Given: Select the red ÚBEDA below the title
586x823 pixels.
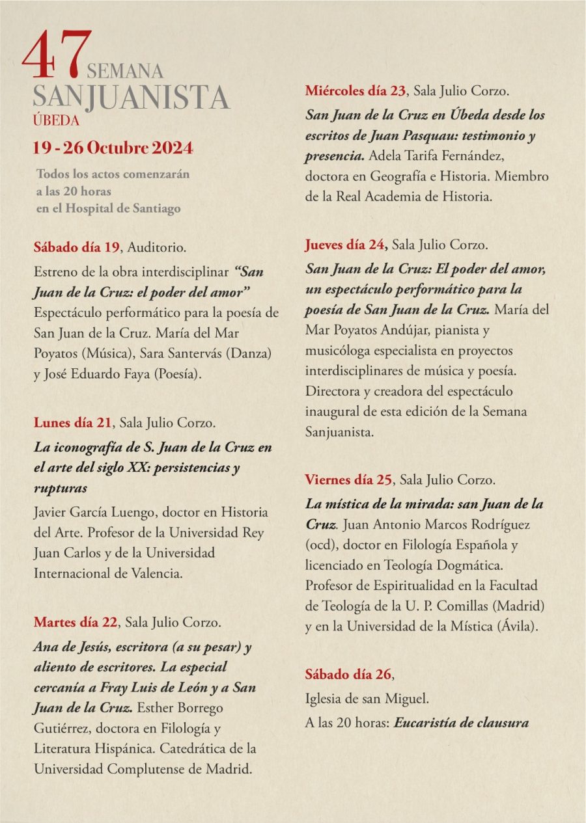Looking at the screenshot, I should (56, 120).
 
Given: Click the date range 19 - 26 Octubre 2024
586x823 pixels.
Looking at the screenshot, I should (113, 148).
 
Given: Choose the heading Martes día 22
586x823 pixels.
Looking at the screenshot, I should (76, 621).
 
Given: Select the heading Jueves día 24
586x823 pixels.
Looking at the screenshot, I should (346, 245).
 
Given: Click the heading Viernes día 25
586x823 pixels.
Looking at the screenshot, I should (349, 480).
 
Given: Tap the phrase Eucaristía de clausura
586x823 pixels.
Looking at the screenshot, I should (461, 722).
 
